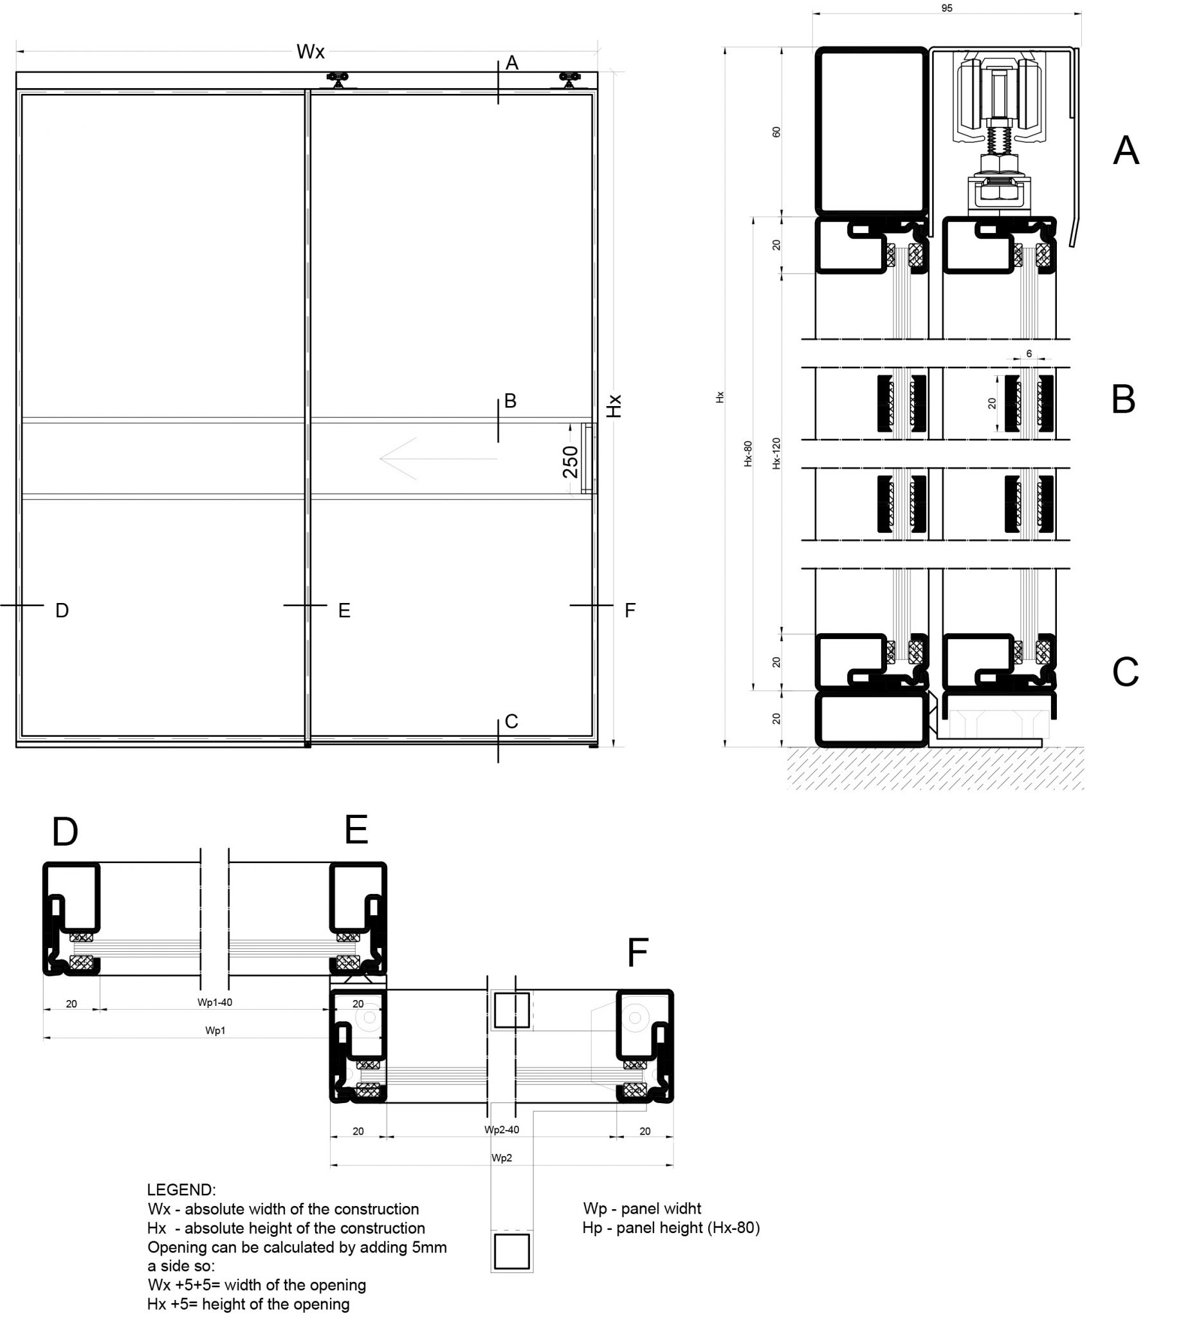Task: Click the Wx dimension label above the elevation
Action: (x=310, y=52)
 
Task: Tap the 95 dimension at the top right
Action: (x=946, y=8)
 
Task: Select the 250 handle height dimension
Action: (x=571, y=461)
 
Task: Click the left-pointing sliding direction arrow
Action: (x=438, y=458)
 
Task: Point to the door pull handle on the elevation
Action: (x=588, y=458)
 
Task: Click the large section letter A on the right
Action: (x=1125, y=151)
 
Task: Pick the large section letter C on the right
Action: (x=1124, y=672)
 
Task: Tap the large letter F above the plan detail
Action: (x=637, y=952)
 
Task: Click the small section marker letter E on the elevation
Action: (x=344, y=610)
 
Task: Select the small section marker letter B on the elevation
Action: (x=510, y=400)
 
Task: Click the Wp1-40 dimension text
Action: (x=215, y=1002)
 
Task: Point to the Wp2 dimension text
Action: (x=502, y=1158)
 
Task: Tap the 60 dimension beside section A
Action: (x=776, y=132)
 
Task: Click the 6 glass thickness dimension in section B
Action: (x=1029, y=354)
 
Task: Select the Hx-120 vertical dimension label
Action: (x=776, y=453)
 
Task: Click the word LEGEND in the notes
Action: (x=181, y=1190)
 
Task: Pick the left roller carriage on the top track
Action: (x=338, y=80)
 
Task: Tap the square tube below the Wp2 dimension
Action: (x=511, y=1251)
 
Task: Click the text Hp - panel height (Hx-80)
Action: (x=671, y=1228)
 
